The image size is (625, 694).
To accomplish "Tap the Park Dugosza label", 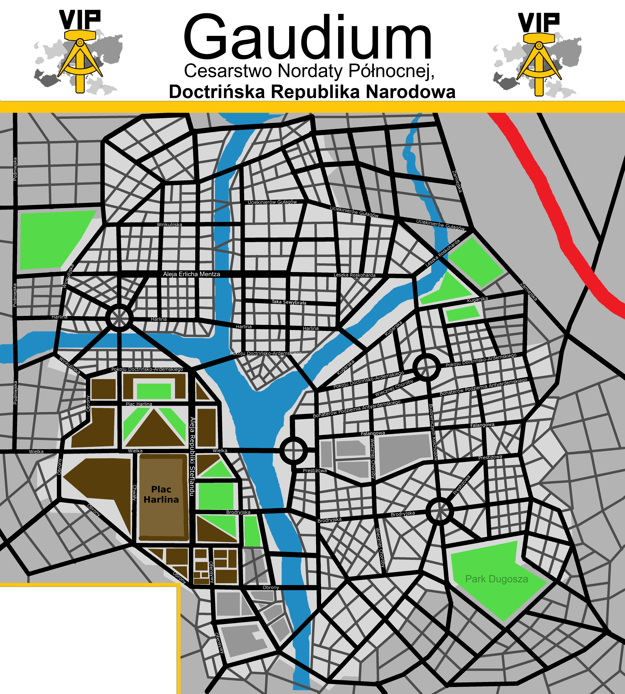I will point(496,579).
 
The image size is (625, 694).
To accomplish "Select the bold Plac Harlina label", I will point(161,494).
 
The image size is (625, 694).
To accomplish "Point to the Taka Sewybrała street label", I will point(289,302).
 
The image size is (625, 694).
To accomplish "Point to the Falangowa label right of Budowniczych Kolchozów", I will point(482,425).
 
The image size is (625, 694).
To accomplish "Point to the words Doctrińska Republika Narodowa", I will point(312,92).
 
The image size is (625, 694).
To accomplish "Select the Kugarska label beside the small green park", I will point(477,299).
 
